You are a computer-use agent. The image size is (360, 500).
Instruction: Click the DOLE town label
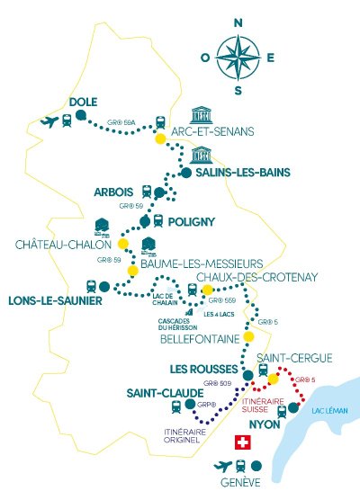click(83, 103)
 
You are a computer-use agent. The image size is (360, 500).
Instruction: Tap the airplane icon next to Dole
click(48, 121)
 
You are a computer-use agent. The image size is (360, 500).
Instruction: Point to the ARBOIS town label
click(113, 192)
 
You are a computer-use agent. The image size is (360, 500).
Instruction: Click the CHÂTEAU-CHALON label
click(61, 244)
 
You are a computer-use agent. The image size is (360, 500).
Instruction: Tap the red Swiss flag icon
click(241, 442)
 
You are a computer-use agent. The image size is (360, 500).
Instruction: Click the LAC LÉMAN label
click(323, 411)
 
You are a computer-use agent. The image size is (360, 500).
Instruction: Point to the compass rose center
click(238, 55)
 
